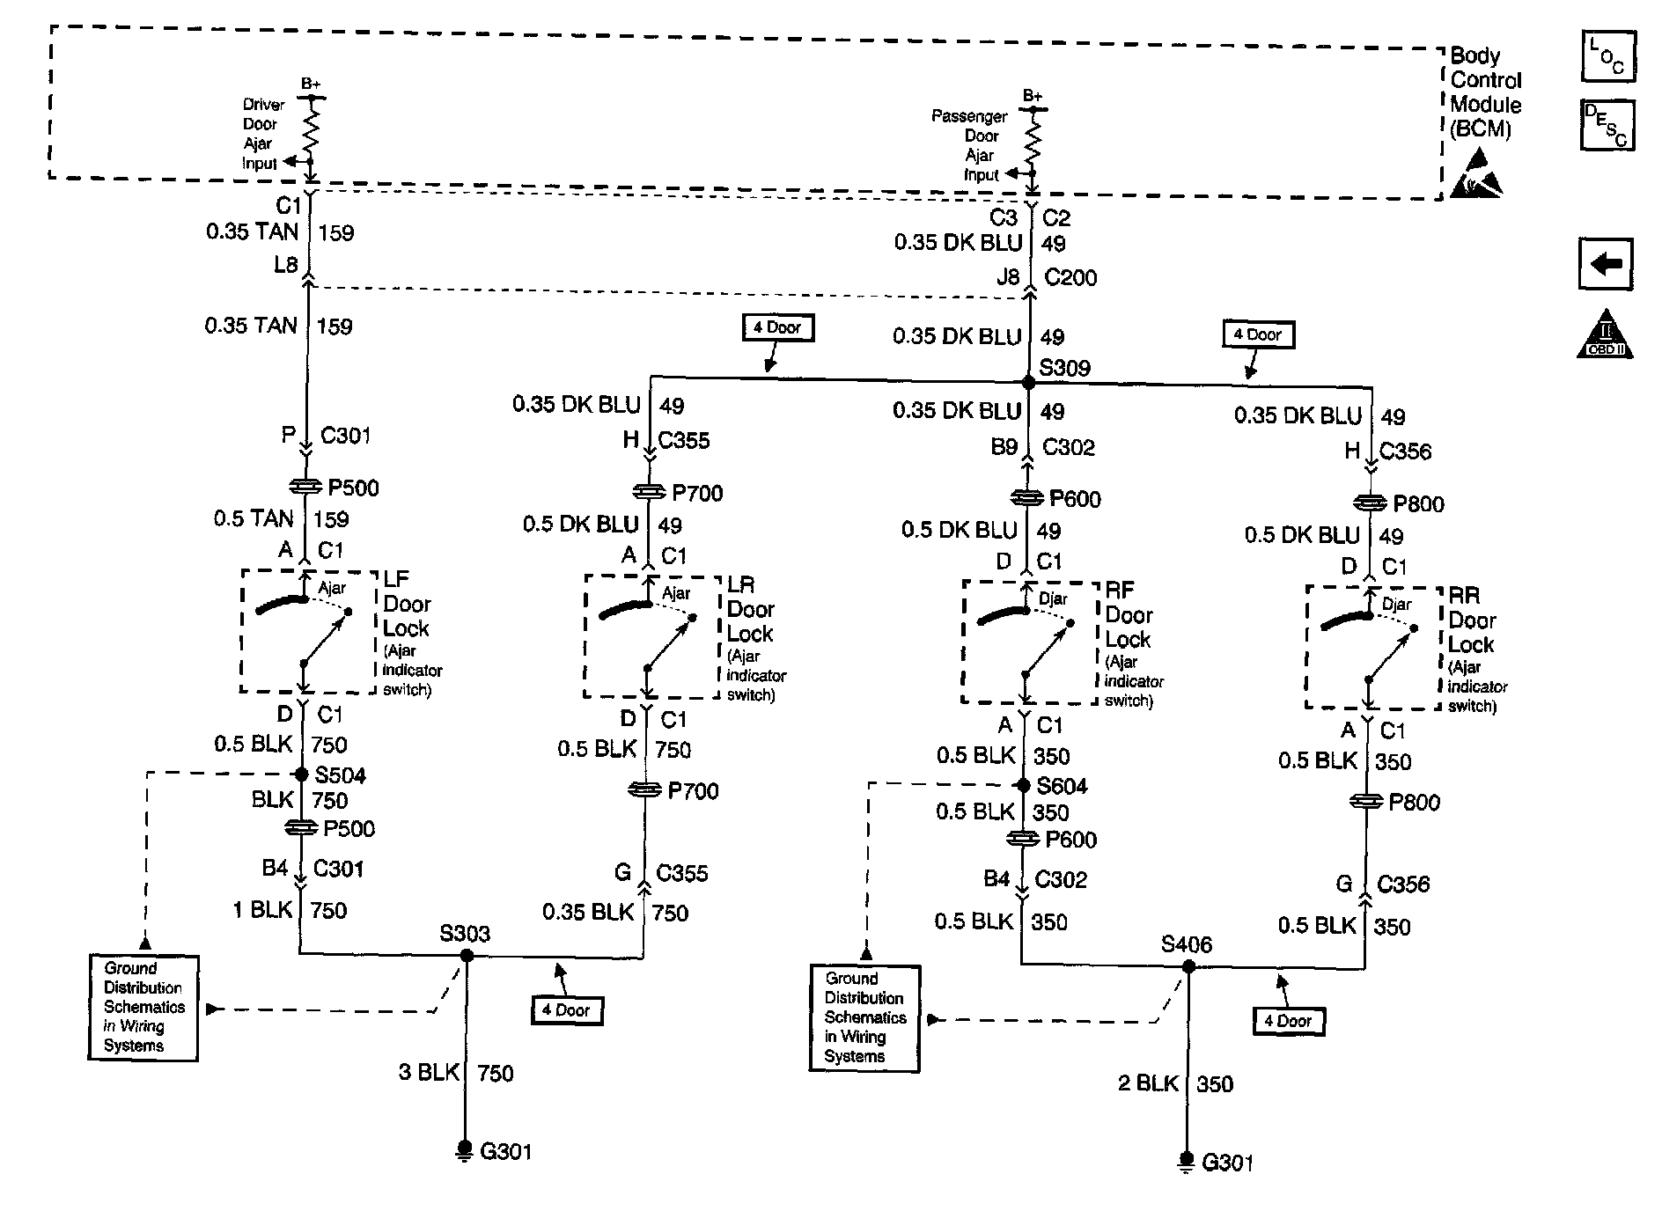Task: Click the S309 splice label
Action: point(1064,368)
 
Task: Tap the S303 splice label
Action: point(465,934)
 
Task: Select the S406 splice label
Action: point(1186,944)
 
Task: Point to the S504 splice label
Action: point(341,775)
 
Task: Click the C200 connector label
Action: point(1070,278)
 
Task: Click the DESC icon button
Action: point(1607,125)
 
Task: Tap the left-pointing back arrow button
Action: point(1606,263)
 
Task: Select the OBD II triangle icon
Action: point(1605,335)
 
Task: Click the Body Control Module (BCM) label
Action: point(1485,92)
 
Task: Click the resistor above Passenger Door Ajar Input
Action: point(1033,139)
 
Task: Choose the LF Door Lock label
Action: point(406,604)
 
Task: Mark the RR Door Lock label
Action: point(1470,620)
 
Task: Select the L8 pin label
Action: point(285,264)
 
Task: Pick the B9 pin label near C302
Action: point(1004,447)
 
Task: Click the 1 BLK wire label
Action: point(262,909)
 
